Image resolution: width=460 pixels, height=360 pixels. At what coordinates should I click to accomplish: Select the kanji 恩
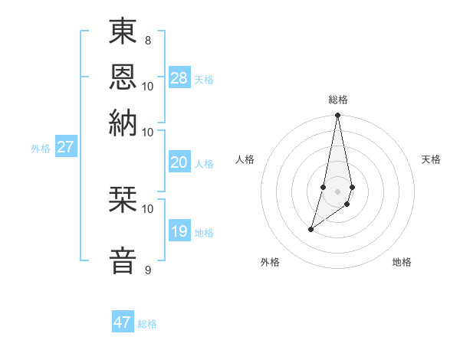[x=123, y=77]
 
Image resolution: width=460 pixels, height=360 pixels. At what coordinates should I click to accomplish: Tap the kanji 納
[x=123, y=123]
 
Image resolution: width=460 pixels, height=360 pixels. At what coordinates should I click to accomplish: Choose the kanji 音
[x=123, y=260]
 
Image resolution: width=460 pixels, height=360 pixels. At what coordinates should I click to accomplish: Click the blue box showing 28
[x=179, y=78]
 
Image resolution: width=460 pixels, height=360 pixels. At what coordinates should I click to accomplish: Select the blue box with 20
[x=179, y=162]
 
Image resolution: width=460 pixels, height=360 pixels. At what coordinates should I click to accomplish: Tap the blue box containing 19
[x=179, y=231]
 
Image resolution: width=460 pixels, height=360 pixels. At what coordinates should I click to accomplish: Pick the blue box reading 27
[x=65, y=147]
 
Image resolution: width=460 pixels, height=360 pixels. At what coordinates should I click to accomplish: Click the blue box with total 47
[x=123, y=322]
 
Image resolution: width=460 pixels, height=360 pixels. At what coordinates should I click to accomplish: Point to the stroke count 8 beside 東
[x=147, y=39]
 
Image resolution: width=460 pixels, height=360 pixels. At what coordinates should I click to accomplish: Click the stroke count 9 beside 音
[x=147, y=270]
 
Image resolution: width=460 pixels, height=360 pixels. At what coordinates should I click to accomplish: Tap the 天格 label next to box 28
[x=204, y=80]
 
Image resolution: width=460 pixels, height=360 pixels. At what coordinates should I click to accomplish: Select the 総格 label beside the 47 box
[x=147, y=324]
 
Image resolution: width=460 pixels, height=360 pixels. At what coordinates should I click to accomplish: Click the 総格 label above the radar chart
[x=338, y=100]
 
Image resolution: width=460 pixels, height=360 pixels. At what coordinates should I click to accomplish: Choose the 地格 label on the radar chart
[x=402, y=262]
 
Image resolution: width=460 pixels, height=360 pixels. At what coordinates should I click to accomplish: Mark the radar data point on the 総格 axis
[x=337, y=116]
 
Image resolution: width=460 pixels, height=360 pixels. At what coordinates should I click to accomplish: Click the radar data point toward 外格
[x=310, y=229]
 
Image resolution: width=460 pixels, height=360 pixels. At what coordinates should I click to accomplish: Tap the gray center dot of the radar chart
[x=337, y=191]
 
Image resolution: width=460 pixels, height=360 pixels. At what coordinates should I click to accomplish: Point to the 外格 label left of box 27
[x=41, y=149]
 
